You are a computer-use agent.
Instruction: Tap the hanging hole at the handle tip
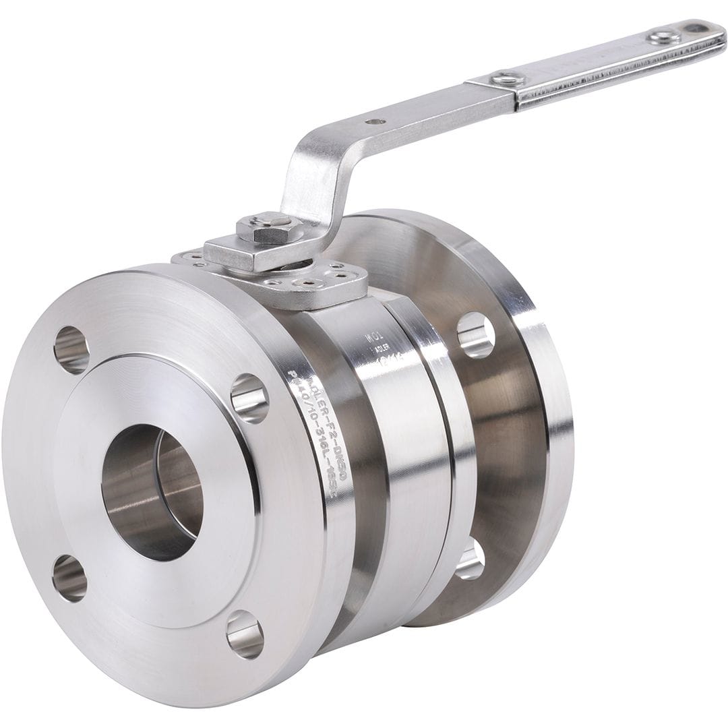point(695,29)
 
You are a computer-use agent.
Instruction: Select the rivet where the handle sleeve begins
point(502,79)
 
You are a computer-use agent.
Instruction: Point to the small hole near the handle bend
point(375,122)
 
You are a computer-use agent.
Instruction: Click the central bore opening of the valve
point(152,492)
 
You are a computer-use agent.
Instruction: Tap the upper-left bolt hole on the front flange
point(71,350)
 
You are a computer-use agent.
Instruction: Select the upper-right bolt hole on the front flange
point(249,398)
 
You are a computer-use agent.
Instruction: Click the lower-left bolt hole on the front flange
point(70,578)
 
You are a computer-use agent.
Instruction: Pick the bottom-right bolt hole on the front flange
point(244,634)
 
